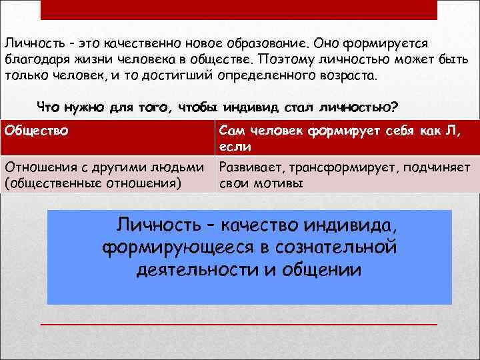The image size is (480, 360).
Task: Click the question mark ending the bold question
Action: (x=395, y=107)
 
